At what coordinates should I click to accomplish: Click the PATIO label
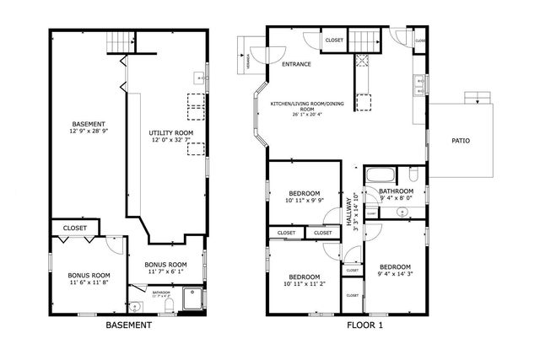[460, 141]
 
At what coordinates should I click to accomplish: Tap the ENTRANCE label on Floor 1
[296, 64]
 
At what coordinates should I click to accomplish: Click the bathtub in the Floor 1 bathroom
[381, 175]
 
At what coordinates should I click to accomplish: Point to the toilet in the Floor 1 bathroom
[413, 175]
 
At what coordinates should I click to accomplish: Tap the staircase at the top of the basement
[124, 40]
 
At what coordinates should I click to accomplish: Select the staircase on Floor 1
[364, 40]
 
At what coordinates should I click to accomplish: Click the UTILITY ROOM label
[171, 133]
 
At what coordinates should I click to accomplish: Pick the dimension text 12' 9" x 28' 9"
[89, 132]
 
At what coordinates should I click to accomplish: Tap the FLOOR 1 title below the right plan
[364, 325]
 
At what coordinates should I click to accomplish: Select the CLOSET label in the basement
[75, 227]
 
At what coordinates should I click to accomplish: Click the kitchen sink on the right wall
[418, 83]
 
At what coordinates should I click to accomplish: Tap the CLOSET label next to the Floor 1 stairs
[334, 40]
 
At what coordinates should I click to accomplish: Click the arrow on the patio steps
[478, 100]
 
